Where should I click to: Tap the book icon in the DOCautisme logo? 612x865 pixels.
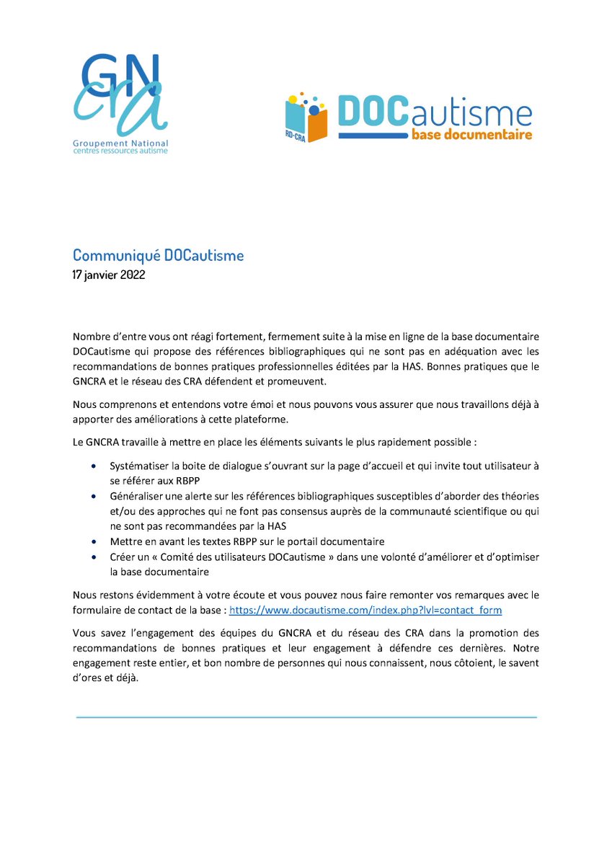[x=306, y=115]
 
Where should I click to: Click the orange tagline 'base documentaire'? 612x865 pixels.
[x=471, y=134]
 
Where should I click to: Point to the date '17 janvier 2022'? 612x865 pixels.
[x=109, y=275]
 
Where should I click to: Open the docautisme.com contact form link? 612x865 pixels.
[x=365, y=610]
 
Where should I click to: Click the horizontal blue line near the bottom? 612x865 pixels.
[x=306, y=717]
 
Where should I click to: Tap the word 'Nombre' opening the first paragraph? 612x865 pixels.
[x=91, y=337]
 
